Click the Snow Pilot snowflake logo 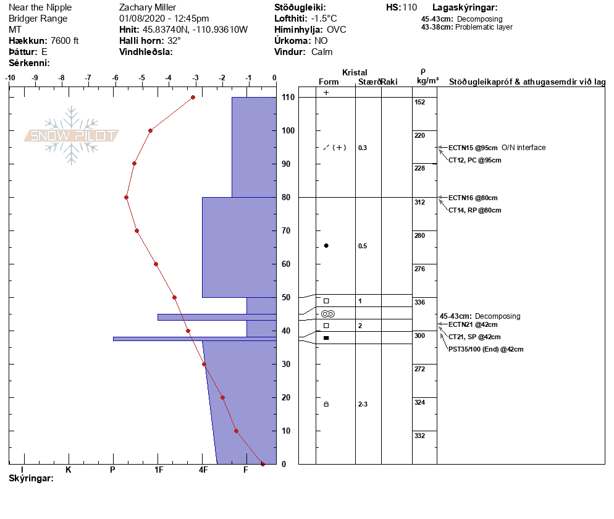[x=71, y=135]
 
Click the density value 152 [x=420, y=102]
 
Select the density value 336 [x=420, y=302]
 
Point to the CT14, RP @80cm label [x=474, y=210]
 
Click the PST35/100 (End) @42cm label [x=486, y=349]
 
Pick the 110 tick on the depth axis [x=288, y=97]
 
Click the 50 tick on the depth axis [x=286, y=297]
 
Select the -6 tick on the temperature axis [x=115, y=78]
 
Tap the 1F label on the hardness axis [x=159, y=470]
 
